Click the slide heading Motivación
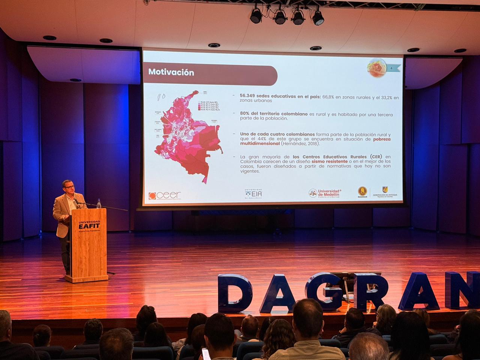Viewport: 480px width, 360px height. coord(171,72)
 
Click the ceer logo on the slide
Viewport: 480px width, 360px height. coord(165,195)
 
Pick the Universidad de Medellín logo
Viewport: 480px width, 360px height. coord(325,193)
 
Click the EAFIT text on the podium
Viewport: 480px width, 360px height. coord(89,226)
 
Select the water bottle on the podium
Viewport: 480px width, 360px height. coord(99,204)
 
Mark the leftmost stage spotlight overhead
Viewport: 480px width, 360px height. coord(256,15)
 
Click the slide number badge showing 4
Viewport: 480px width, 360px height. coord(391,68)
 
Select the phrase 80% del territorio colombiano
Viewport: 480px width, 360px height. coord(274,114)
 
